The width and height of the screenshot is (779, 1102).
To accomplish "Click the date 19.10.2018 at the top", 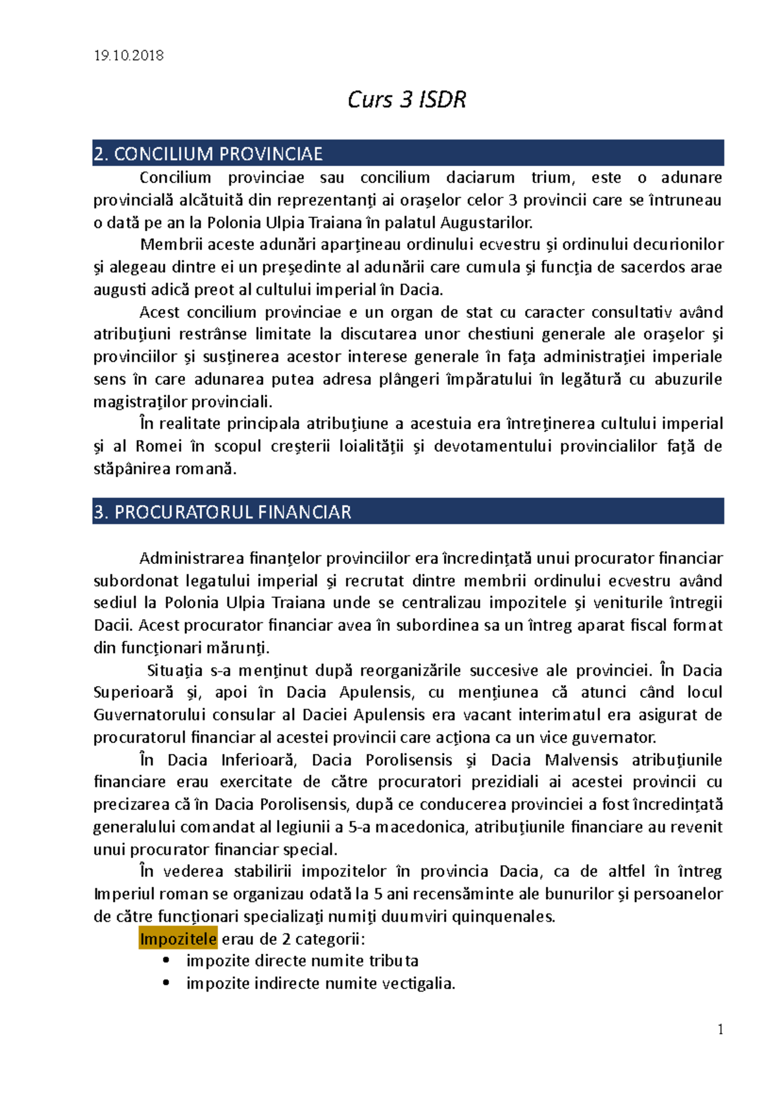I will point(129,56).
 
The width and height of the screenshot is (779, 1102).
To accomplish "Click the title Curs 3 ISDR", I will point(406,100).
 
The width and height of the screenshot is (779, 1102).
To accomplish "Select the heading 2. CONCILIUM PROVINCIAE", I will point(208,154).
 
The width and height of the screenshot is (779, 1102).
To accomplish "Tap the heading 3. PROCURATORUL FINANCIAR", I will point(223,512).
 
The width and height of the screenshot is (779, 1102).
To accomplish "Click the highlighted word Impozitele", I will point(178,939).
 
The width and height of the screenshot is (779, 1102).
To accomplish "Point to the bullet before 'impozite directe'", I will point(167,961).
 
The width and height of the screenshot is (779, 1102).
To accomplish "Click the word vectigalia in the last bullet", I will point(417,983).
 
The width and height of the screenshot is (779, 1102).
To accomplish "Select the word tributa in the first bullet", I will point(394,961).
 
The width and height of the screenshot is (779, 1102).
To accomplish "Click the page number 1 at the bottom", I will point(721,1029).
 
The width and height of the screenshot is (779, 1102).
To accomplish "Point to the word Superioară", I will point(133,692).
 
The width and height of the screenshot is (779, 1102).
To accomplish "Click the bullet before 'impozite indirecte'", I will point(167,983).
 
